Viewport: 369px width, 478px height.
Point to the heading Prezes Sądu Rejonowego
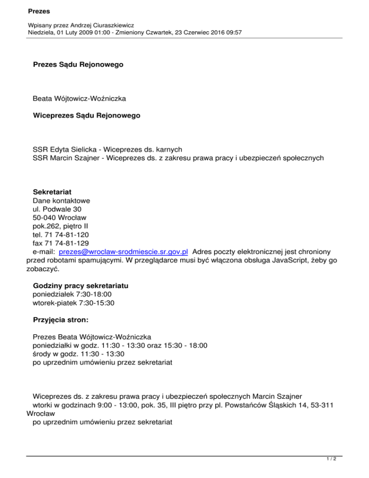[78, 64]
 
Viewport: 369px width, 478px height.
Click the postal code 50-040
[44, 217]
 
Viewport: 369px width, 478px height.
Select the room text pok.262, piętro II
[60, 226]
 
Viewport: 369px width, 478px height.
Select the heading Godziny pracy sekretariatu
[84, 285]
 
